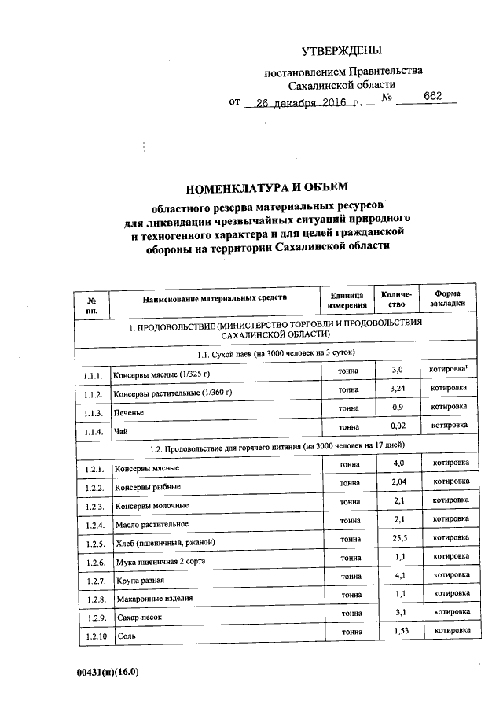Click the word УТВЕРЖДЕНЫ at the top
coord(341,51)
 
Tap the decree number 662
coord(432,97)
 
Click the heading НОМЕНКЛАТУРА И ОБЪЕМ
coord(266,187)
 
